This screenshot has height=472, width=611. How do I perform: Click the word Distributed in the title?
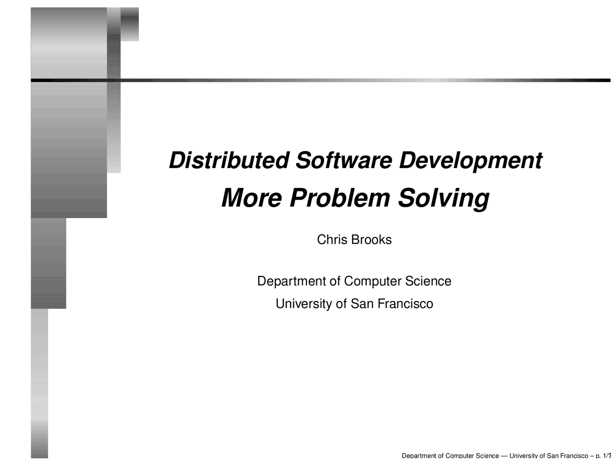(229, 160)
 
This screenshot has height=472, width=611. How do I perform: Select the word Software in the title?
(344, 160)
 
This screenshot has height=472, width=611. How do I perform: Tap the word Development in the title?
(470, 160)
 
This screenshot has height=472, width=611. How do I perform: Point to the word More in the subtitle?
(252, 198)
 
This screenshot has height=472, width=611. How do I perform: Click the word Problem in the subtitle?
(340, 198)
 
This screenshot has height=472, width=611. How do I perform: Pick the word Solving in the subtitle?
(443, 198)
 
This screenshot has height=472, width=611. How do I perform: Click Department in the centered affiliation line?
(291, 281)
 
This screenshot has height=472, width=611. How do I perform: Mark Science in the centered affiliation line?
(428, 281)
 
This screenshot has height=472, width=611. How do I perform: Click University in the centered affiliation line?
(304, 304)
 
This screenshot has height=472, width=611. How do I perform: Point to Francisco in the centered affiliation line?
(405, 304)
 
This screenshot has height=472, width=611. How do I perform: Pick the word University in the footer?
(523, 456)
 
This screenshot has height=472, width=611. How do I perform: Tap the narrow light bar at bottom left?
(40, 382)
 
